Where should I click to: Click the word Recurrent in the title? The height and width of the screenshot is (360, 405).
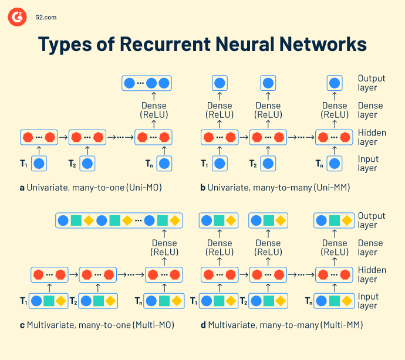pyautogui.click(x=193, y=45)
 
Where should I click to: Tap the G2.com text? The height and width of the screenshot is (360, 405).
pyautogui.click(x=46, y=18)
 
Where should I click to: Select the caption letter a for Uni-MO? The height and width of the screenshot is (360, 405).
pyautogui.click(x=22, y=188)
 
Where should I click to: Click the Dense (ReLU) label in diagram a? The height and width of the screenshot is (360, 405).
pyautogui.click(x=154, y=110)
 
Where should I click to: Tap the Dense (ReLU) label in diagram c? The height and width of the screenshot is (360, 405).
pyautogui.click(x=164, y=247)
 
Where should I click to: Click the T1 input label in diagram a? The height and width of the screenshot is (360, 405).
pyautogui.click(x=24, y=164)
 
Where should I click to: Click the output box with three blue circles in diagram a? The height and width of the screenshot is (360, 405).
pyautogui.click(x=146, y=83)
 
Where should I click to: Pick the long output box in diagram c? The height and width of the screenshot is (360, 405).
pyautogui.click(x=120, y=221)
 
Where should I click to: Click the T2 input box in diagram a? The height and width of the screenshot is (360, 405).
pyautogui.click(x=88, y=164)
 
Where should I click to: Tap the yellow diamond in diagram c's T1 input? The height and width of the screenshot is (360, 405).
pyautogui.click(x=62, y=301)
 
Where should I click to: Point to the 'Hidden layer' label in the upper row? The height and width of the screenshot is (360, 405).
pyautogui.click(x=372, y=137)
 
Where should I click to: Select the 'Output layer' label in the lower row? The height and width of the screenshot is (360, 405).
pyautogui.click(x=372, y=220)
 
